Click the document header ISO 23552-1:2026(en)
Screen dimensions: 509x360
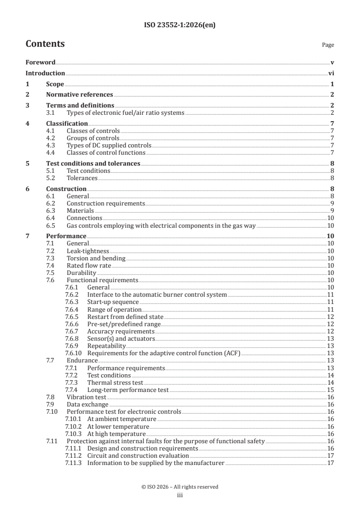(x=180, y=25)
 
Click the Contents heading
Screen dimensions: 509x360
(x=45, y=44)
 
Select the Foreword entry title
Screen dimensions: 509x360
(x=40, y=62)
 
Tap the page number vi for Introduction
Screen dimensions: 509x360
(x=331, y=73)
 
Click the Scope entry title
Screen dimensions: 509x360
(x=55, y=84)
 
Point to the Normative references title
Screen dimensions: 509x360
(x=79, y=95)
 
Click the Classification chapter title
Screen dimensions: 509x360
(x=67, y=123)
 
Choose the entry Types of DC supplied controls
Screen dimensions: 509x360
(x=108, y=145)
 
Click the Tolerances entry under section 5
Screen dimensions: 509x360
(x=82, y=178)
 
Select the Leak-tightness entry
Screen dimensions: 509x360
(x=88, y=251)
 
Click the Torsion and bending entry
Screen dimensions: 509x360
(x=96, y=258)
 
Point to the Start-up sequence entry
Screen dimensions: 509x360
(x=113, y=302)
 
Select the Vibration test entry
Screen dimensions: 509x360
(x=86, y=397)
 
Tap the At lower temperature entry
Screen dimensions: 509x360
(x=118, y=426)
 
